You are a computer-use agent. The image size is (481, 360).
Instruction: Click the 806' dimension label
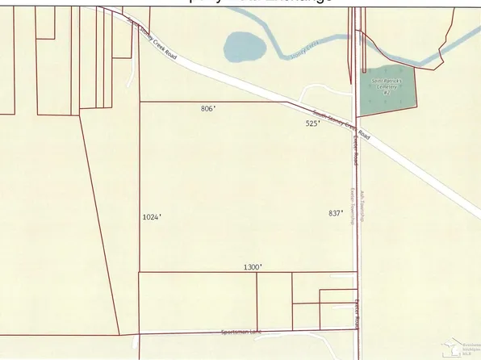[208, 108]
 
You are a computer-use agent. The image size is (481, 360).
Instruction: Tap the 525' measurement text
[313, 123]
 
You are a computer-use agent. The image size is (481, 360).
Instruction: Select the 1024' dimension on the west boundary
[152, 217]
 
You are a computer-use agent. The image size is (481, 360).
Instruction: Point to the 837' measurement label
[337, 213]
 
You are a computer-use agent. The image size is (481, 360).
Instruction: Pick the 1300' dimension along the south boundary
[253, 266]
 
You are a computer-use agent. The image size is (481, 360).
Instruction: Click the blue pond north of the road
[240, 47]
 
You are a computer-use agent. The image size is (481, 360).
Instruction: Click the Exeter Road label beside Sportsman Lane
[356, 313]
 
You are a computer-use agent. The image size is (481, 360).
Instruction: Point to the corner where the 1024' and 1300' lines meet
[140, 272]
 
